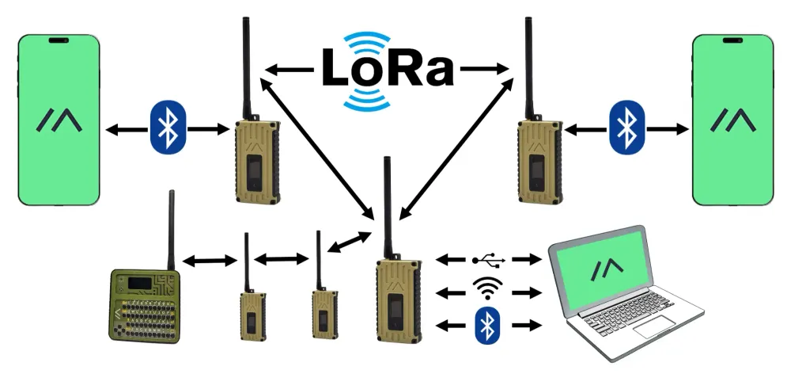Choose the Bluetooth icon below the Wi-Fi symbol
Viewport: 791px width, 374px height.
tap(489, 326)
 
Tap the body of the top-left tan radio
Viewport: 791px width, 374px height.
tap(255, 162)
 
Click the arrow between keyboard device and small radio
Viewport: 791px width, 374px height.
tap(210, 259)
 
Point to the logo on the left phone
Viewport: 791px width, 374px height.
tap(59, 120)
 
